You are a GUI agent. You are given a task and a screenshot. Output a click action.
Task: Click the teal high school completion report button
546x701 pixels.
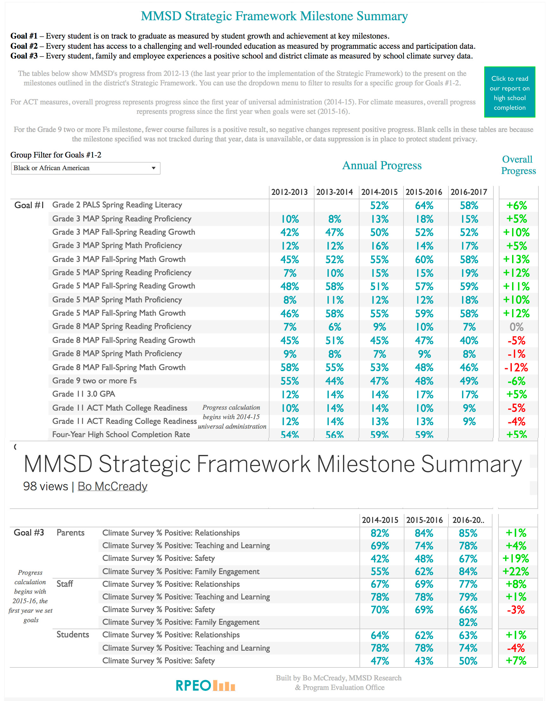click(509, 92)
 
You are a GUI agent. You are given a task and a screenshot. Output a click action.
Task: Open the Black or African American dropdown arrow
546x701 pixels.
click(154, 168)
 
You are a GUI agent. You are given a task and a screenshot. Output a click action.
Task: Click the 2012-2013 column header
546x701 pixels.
click(289, 192)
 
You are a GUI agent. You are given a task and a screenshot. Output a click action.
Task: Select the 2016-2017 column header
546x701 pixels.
click(468, 192)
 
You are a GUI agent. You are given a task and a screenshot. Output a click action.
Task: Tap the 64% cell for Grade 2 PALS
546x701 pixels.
click(424, 205)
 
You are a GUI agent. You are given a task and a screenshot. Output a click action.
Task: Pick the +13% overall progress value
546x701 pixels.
click(516, 259)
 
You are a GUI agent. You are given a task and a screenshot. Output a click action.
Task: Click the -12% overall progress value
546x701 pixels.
click(516, 368)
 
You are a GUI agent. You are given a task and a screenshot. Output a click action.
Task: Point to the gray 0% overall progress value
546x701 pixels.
click(517, 327)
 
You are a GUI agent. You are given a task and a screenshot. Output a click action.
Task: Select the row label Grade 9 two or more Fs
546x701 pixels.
click(94, 381)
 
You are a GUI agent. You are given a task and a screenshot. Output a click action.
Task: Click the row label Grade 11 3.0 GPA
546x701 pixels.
click(84, 394)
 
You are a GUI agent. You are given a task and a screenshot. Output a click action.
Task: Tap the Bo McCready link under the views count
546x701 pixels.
click(112, 486)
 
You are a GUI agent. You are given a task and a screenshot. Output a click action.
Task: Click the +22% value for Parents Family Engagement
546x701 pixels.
click(516, 571)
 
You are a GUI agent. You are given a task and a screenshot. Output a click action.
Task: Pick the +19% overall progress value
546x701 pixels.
click(516, 558)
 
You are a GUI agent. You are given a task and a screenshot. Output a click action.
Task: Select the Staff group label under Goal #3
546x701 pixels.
click(65, 584)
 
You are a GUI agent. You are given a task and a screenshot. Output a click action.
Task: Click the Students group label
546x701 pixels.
click(73, 635)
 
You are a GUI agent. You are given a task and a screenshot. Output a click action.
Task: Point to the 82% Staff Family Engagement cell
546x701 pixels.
click(468, 622)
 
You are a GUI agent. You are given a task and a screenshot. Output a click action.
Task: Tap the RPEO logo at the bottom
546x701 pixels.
click(205, 685)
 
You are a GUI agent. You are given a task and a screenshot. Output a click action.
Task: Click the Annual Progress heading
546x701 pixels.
click(382, 165)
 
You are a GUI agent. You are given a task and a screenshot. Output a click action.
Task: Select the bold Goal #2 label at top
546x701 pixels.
click(24, 46)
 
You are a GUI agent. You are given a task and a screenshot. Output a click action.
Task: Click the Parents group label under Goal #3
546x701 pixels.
click(70, 533)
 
